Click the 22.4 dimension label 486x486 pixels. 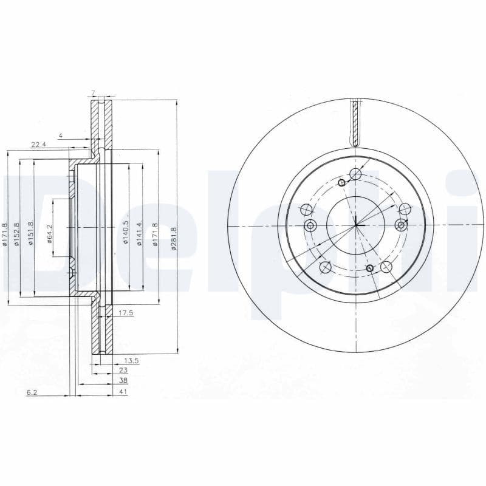tap(38, 144)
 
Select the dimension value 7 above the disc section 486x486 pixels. tap(93, 93)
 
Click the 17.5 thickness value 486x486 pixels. tap(125, 313)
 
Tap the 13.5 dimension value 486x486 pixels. tap(132, 360)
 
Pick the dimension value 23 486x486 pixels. tap(123, 371)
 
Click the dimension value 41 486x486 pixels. tap(123, 392)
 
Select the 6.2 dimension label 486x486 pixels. tap(32, 392)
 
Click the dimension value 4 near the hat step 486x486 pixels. tap(61, 135)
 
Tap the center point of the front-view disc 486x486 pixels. tap(356, 226)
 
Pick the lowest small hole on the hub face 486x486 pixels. tap(369, 268)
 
